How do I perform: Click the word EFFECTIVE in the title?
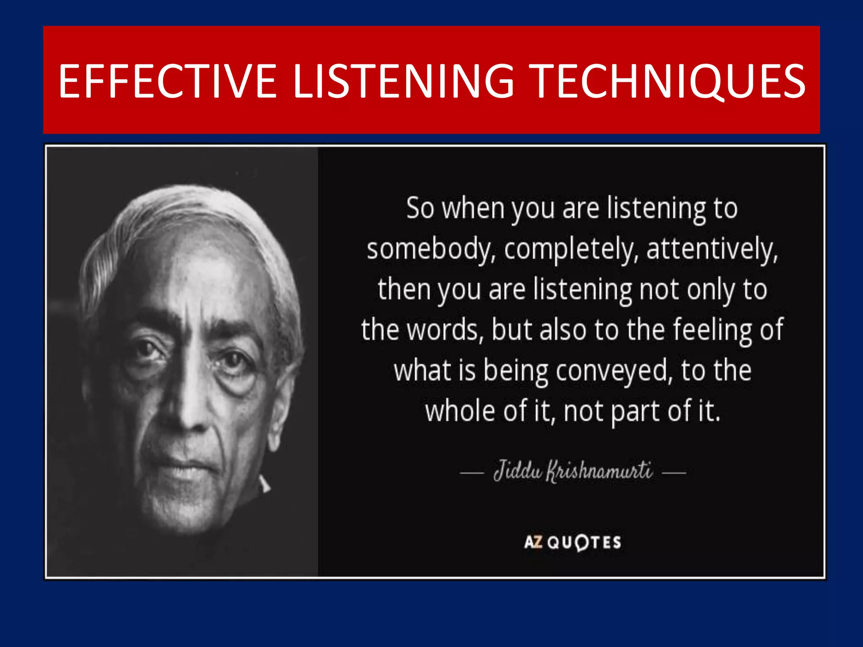[167, 81]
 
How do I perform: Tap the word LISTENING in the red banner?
[403, 81]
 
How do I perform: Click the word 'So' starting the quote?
[420, 208]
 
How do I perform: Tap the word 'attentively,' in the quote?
[712, 249]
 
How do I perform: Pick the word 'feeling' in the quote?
[712, 330]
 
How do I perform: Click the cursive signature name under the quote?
[573, 471]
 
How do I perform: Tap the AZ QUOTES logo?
[573, 542]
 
